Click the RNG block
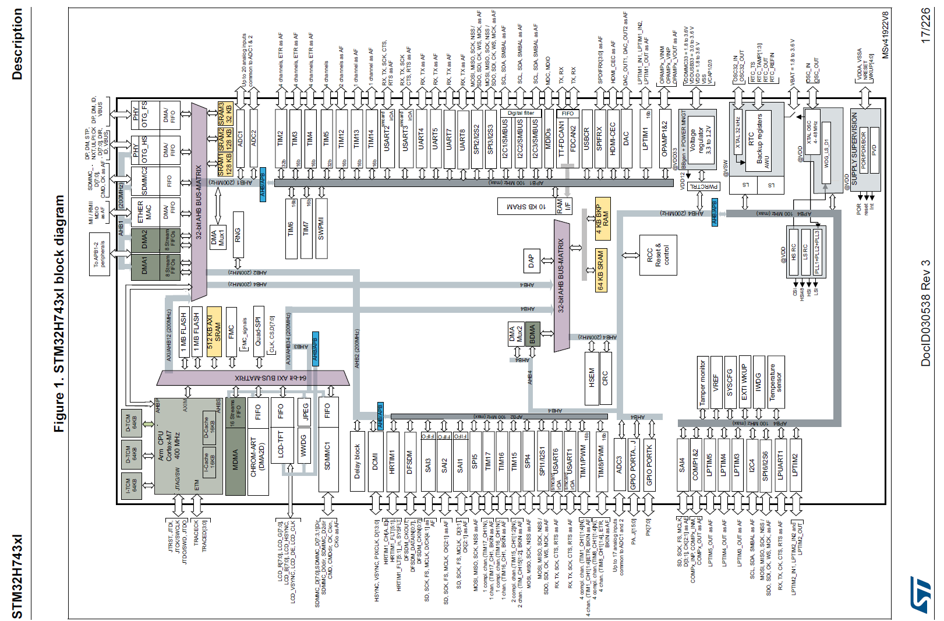point(238,234)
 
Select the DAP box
point(531,262)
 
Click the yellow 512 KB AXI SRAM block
point(214,331)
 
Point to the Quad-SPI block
point(259,330)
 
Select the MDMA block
point(235,460)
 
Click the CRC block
point(606,377)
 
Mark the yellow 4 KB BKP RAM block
point(602,219)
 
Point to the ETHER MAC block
point(144,212)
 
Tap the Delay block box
point(358,461)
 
